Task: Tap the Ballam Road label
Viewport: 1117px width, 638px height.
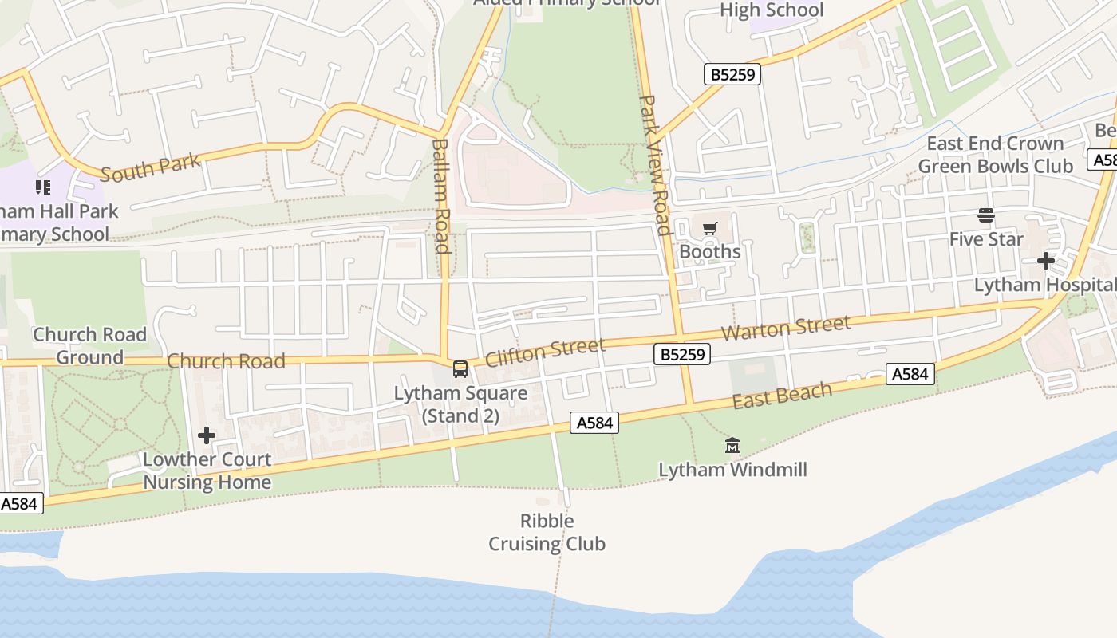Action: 441,196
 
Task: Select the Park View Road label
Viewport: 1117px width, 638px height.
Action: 653,165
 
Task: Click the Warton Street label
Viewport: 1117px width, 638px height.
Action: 786,328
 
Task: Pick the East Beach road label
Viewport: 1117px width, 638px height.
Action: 782,395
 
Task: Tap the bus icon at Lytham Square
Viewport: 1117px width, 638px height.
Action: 460,368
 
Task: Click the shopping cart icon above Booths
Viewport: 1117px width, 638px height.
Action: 710,229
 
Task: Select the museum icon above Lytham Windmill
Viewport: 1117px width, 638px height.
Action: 732,446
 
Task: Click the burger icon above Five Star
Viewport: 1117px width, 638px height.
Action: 986,215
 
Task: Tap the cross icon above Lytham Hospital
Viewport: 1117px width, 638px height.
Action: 1046,261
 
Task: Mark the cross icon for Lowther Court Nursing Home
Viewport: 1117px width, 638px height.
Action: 207,435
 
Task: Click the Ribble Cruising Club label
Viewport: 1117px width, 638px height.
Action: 547,533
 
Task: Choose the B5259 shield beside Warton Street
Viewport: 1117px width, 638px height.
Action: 681,354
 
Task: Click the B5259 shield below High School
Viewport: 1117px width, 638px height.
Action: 733,75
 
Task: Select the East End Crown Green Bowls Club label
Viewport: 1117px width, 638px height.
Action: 995,155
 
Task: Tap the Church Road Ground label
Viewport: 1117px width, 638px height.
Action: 89,345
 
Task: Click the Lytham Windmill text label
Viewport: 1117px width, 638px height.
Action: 732,470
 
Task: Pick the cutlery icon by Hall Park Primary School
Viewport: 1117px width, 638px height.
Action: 43,187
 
